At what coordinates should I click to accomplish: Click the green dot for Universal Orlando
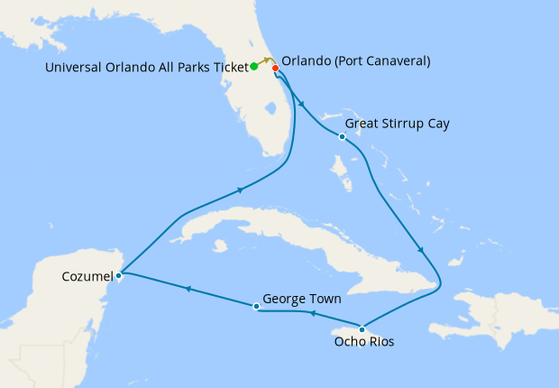pos(254,66)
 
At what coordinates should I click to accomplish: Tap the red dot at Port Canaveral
pos(275,68)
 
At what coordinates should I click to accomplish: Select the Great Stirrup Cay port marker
pos(342,137)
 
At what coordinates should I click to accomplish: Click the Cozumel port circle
pos(119,273)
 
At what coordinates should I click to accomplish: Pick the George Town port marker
pos(257,307)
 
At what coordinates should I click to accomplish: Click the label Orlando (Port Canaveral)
pos(355,61)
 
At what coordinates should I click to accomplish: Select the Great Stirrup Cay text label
pos(398,123)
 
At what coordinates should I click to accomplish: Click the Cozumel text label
pos(87,275)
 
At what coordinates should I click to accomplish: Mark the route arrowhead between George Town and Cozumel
pos(188,290)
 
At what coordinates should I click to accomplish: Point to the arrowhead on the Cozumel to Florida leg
pos(240,189)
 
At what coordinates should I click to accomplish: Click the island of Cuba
pos(270,230)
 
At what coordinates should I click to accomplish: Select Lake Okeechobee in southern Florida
pos(269,109)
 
